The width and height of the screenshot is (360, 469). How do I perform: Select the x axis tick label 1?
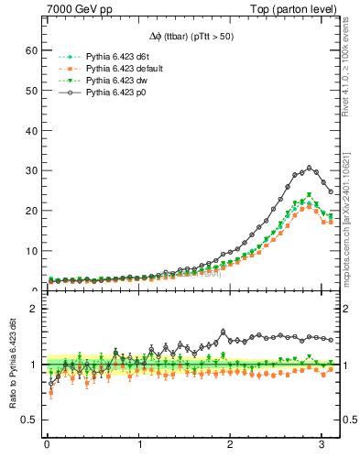click(139, 447)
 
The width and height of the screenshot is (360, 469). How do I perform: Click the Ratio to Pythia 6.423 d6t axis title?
click(13, 366)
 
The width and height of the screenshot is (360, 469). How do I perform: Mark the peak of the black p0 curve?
click(311, 168)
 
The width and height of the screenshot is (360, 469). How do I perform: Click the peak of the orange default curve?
click(311, 208)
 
